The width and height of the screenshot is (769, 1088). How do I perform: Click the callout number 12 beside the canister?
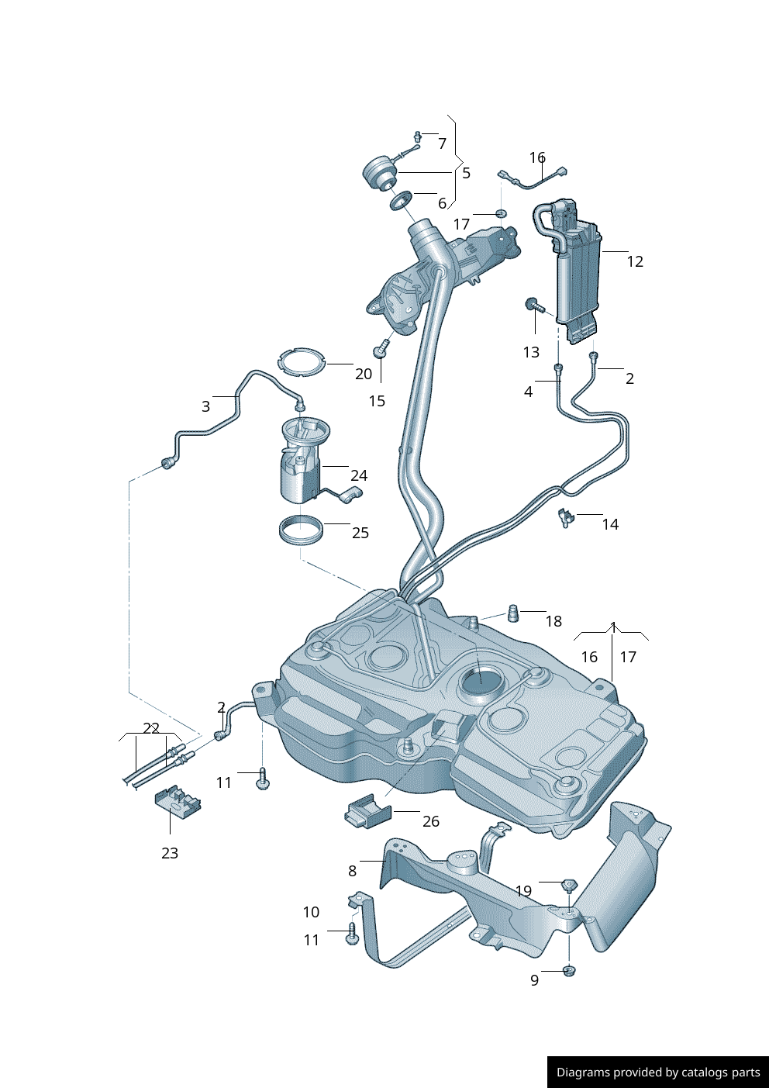(635, 262)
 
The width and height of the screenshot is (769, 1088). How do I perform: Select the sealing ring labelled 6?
(401, 201)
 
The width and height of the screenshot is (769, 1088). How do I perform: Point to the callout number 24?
(358, 475)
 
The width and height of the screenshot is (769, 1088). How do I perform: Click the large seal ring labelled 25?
(301, 530)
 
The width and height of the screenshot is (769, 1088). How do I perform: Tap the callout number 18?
(553, 621)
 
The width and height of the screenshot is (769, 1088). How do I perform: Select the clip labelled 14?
(565, 517)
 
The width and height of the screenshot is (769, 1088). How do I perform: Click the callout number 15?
(377, 401)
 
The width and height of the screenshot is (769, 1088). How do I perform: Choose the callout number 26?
(431, 821)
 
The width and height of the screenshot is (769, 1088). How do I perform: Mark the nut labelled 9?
(568, 970)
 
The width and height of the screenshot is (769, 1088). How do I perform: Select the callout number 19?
(524, 891)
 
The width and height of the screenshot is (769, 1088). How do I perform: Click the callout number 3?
(205, 406)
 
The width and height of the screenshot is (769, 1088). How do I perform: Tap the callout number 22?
(151, 728)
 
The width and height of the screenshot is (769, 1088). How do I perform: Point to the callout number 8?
(352, 871)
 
